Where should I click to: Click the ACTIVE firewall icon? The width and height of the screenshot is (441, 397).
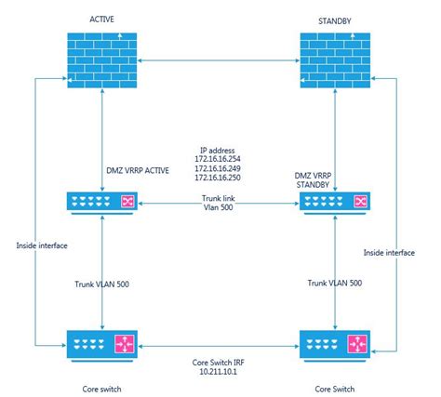[102, 62]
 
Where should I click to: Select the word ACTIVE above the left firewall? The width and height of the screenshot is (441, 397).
[102, 20]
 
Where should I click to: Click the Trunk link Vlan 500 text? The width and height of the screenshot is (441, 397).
[220, 205]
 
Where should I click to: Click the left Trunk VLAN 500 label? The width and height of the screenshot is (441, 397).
[103, 284]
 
